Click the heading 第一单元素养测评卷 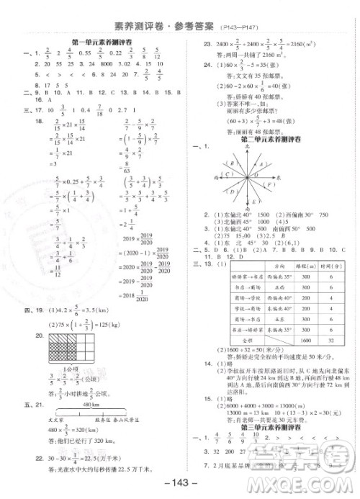(x=99, y=43)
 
